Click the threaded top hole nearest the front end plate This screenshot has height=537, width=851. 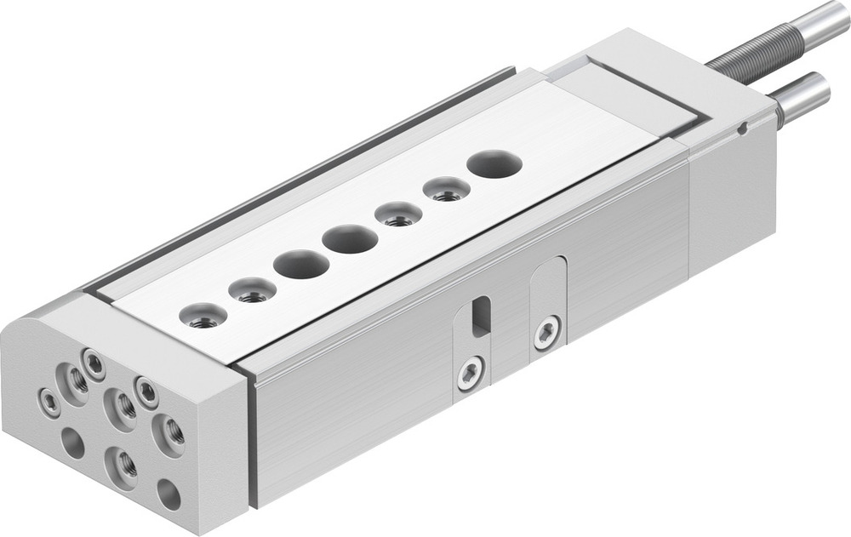[x=203, y=317]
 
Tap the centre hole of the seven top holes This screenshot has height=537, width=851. [x=350, y=239]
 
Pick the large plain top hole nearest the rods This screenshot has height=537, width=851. [x=494, y=163]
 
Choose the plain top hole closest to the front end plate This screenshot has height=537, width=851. [x=301, y=265]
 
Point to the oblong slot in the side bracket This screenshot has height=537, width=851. [x=480, y=316]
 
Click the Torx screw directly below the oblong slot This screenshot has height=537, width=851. [x=470, y=373]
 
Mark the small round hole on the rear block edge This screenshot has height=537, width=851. [x=742, y=129]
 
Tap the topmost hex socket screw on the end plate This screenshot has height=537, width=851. [x=93, y=365]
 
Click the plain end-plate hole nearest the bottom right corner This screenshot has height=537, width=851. [x=168, y=494]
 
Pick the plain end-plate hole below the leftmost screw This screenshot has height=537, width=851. [x=73, y=443]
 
